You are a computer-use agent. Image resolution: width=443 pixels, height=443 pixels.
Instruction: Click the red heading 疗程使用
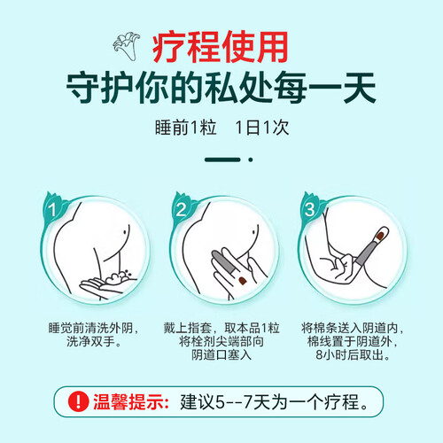click(x=221, y=47)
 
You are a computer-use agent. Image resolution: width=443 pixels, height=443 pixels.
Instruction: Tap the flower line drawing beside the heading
click(x=126, y=47)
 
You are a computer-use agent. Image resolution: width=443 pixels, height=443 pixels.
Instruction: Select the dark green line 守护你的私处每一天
click(x=221, y=88)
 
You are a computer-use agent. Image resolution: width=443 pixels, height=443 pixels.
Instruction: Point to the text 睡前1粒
click(x=186, y=128)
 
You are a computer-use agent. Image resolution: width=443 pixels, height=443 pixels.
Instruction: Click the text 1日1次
click(x=262, y=128)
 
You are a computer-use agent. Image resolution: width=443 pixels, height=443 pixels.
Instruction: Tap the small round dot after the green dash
click(x=251, y=159)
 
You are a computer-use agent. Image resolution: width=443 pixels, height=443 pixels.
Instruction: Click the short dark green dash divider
click(x=222, y=159)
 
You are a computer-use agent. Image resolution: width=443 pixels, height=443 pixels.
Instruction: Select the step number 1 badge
click(x=52, y=209)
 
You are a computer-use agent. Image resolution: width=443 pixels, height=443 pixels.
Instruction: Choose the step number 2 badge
click(x=181, y=209)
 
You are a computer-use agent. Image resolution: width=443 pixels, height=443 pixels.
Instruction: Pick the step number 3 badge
click(x=309, y=209)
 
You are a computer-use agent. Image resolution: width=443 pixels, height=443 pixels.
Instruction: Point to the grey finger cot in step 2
click(x=224, y=261)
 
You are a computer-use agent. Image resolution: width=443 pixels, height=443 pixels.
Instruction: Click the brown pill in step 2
click(x=243, y=281)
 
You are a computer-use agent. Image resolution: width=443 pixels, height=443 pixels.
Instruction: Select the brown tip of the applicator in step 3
click(x=380, y=236)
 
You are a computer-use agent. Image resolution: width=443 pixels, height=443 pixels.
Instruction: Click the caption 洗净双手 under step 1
click(x=94, y=341)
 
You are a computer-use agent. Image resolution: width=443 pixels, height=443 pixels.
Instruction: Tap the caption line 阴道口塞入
click(x=221, y=354)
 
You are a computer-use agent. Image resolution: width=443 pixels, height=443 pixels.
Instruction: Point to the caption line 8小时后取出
click(x=353, y=354)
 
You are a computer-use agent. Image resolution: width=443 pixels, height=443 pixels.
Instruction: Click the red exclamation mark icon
click(x=78, y=401)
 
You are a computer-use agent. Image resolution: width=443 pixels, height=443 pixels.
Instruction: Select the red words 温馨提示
click(x=131, y=401)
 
